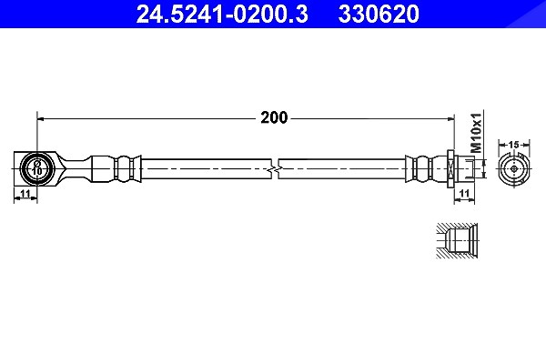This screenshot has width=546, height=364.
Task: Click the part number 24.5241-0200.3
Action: pos(222,14)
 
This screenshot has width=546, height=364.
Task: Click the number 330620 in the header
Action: pos(379,14)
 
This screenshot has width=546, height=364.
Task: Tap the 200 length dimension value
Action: pos(274,117)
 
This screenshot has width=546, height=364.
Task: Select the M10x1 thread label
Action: pos(476,133)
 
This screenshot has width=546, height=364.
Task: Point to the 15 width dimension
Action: pos(513,144)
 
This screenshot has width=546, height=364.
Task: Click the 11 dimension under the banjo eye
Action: pos(25,194)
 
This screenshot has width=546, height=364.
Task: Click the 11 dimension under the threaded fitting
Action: pos(465,193)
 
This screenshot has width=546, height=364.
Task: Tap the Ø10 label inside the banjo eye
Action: pos(37,167)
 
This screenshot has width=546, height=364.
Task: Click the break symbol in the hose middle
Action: pos(275,169)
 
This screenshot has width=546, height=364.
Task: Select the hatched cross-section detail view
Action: pos(457,240)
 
